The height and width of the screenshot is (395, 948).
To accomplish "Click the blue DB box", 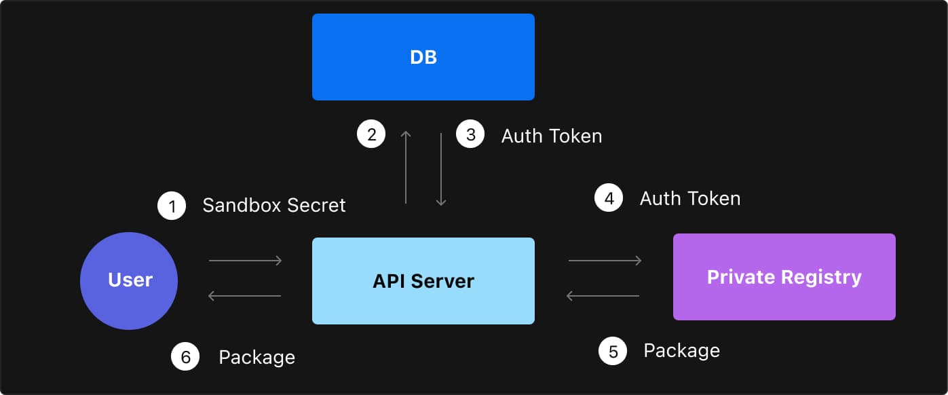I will pyautogui.click(x=423, y=57).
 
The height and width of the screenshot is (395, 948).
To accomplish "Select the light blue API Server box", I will pyautogui.click(x=423, y=280).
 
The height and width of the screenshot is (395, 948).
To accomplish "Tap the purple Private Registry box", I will pyautogui.click(x=784, y=277).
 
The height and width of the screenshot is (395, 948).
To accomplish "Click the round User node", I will pyautogui.click(x=129, y=280).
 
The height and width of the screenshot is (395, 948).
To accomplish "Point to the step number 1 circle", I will pyautogui.click(x=172, y=206).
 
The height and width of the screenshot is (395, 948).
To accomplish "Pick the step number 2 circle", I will pyautogui.click(x=371, y=134).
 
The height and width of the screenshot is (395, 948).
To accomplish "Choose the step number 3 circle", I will pyautogui.click(x=470, y=134).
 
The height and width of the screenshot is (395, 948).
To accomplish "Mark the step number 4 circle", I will pyautogui.click(x=609, y=198).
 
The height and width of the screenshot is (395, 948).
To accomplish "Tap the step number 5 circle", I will pyautogui.click(x=613, y=351).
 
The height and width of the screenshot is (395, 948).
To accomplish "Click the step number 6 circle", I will pyautogui.click(x=185, y=357).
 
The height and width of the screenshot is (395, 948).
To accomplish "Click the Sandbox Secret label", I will pyautogui.click(x=274, y=206).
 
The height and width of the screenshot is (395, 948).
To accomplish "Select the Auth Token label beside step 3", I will pyautogui.click(x=551, y=136).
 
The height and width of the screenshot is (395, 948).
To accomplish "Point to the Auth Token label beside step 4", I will pyautogui.click(x=689, y=198).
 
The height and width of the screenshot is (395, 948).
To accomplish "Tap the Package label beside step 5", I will pyautogui.click(x=681, y=351).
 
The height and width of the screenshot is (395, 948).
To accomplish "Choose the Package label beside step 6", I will pyautogui.click(x=257, y=358).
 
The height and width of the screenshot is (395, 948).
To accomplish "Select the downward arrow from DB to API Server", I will pyautogui.click(x=441, y=170).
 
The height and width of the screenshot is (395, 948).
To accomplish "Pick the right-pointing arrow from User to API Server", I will pyautogui.click(x=245, y=261).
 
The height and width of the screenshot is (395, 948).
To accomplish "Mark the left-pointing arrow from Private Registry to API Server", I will pyautogui.click(x=603, y=296).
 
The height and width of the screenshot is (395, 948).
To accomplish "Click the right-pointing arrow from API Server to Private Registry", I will pyautogui.click(x=605, y=261).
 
